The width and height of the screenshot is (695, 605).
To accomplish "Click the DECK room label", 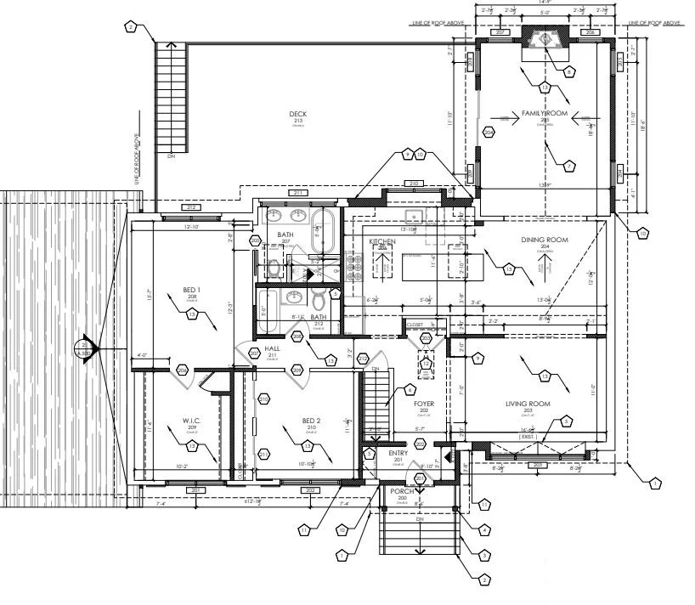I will click(297, 114).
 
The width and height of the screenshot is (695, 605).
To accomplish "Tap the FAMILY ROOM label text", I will click(544, 113).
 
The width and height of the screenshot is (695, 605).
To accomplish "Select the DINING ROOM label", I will click(545, 240).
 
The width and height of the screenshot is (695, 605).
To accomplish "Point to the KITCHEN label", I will click(382, 242).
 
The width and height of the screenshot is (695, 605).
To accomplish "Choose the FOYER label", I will click(424, 404).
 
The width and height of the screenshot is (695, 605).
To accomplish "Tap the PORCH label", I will click(402, 491).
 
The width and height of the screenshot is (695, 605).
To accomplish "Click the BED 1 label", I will click(192, 290).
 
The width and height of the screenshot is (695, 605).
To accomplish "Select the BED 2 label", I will click(312, 421).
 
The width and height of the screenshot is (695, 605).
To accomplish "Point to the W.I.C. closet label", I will click(191, 420).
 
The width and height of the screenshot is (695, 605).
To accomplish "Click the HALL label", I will click(273, 348).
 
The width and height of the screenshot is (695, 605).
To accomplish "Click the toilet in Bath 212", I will click(319, 300).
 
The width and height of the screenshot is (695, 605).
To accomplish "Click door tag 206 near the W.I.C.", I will click(183, 370).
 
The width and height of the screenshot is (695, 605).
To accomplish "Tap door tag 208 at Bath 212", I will click(297, 336).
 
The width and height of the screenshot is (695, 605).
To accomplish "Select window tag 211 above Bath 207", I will click(298, 194).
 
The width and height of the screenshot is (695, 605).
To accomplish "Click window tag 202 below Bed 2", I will click(309, 489).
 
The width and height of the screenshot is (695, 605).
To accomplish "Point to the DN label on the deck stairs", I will click(171, 156).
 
